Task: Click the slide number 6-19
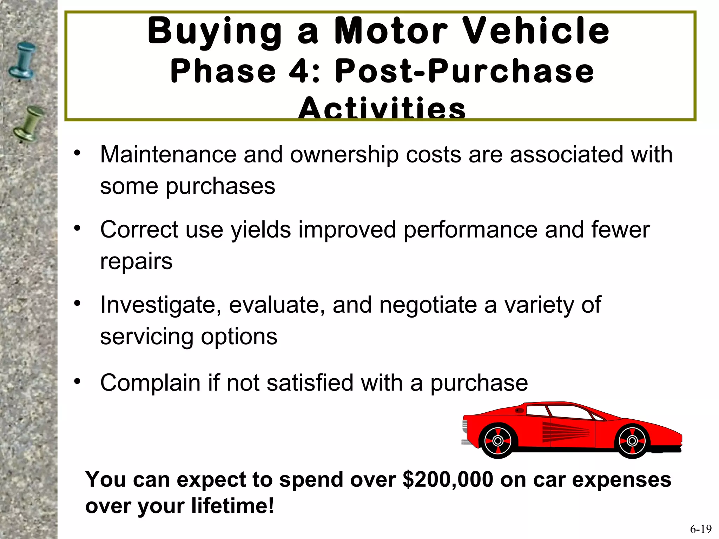tap(701, 529)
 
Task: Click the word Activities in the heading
tap(382, 109)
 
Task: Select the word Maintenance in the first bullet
tap(168, 154)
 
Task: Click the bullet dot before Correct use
tap(77, 228)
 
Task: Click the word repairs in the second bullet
tap(136, 261)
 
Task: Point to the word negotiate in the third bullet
tap(428, 305)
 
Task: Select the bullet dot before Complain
tap(77, 381)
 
